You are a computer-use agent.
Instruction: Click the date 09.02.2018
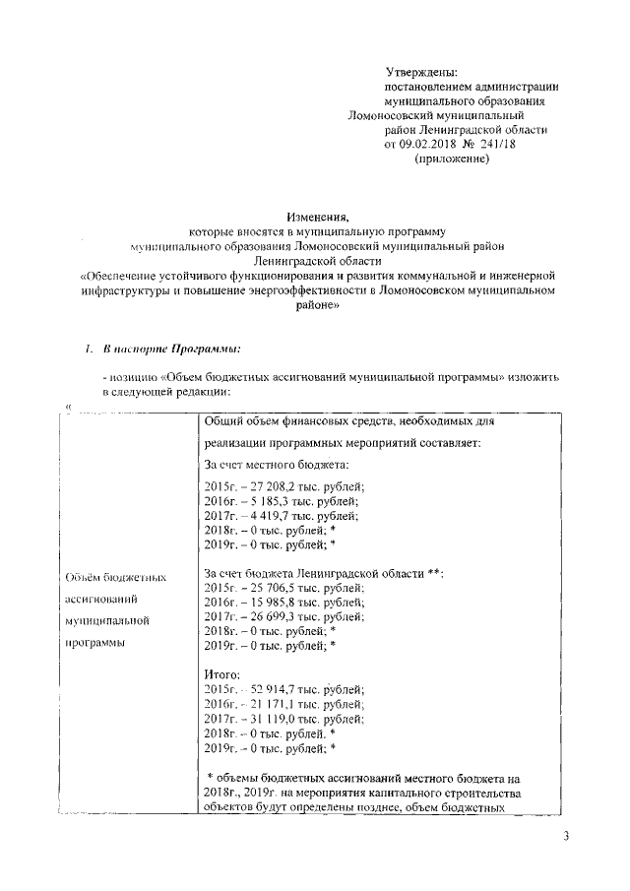point(430,144)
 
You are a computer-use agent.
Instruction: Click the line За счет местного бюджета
point(272,464)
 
